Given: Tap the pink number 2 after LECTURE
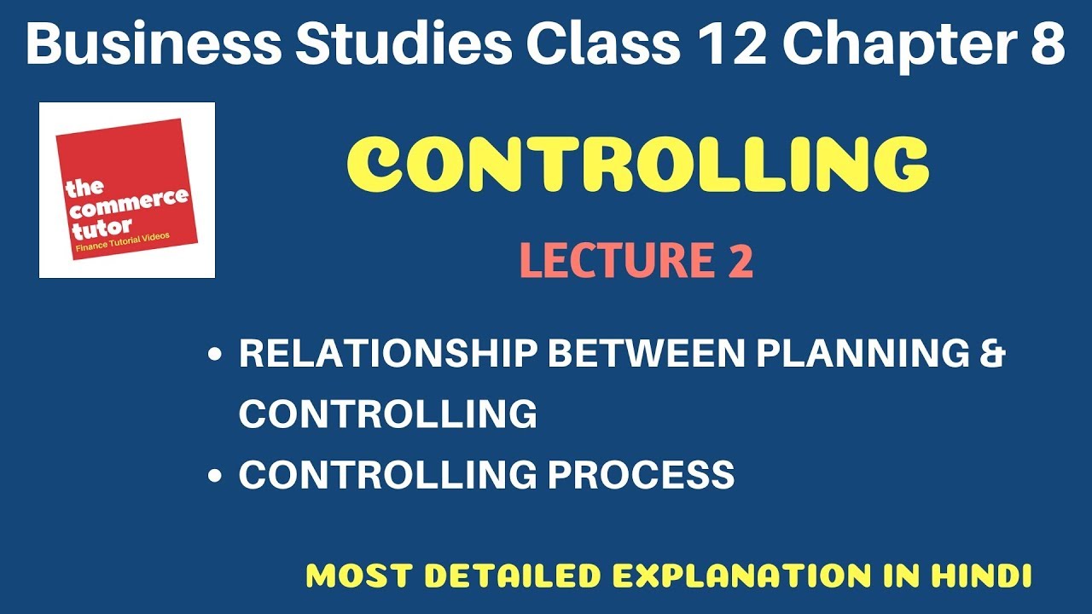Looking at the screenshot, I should click(739, 261).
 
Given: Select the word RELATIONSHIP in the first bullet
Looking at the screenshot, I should click(387, 353).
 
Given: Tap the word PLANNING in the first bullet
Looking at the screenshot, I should click(865, 353).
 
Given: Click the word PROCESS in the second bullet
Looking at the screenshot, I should click(641, 474).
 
